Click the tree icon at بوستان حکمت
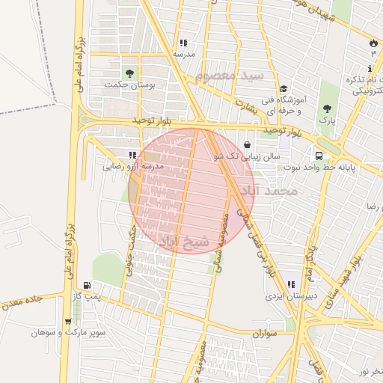pyautogui.click(x=130, y=73)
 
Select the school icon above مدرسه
pyautogui.click(x=183, y=43)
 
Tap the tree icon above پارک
pyautogui.click(x=325, y=108)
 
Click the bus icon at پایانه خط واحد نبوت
pyautogui.click(x=320, y=156)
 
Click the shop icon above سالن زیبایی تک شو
pyautogui.click(x=248, y=145)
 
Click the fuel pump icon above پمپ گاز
pyautogui.click(x=88, y=285)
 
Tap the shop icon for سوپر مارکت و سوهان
pyautogui.click(x=69, y=322)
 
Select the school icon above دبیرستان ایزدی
pyautogui.click(x=290, y=284)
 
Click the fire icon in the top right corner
pyautogui.click(x=373, y=42)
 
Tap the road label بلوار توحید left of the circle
pyautogui.click(x=153, y=120)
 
